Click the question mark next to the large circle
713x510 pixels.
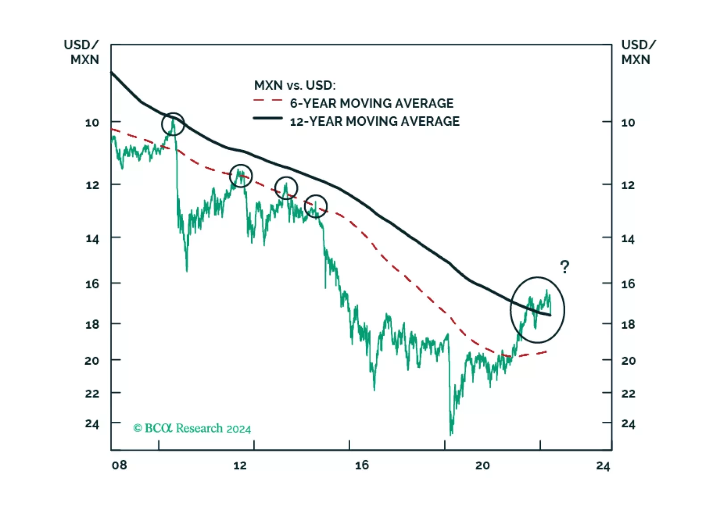[x=564, y=267]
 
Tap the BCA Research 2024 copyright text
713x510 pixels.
[x=192, y=428]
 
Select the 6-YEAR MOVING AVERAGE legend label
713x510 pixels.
[x=371, y=103]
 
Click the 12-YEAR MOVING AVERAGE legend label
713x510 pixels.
[x=374, y=121]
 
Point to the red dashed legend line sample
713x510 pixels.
[x=268, y=101]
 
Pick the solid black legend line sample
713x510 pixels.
[x=268, y=118]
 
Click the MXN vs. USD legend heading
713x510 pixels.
[x=294, y=85]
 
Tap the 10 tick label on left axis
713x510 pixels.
[x=92, y=123]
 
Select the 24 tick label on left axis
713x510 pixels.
[x=92, y=424]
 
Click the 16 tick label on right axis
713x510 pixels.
[x=628, y=284]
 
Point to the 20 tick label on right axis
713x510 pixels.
[x=628, y=361]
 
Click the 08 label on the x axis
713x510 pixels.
[x=119, y=465]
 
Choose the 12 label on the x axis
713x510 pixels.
[x=240, y=465]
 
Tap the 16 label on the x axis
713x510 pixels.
[x=362, y=465]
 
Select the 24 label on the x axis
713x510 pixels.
[x=603, y=466]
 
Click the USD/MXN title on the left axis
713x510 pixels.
[x=82, y=52]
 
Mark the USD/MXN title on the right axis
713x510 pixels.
[x=638, y=52]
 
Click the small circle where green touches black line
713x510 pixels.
[x=173, y=124]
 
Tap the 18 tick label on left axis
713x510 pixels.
[x=92, y=325]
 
